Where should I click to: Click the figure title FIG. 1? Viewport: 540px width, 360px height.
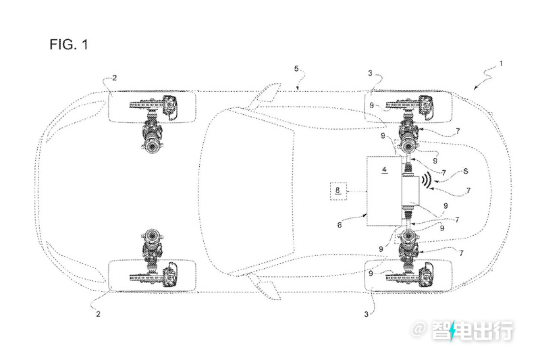[69, 44]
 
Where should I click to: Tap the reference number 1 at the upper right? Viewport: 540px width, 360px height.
[501, 63]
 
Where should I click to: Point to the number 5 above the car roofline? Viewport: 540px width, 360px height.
[296, 69]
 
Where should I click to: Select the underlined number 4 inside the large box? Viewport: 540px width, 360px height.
[385, 170]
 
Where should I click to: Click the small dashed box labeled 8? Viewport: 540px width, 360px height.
[338, 190]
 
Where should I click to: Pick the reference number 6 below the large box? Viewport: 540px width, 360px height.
[340, 225]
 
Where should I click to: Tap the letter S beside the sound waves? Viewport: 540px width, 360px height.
[466, 171]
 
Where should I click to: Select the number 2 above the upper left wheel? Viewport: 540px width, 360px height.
[114, 78]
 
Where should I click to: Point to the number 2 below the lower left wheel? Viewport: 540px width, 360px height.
[98, 314]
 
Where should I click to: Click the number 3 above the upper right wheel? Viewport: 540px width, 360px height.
[370, 73]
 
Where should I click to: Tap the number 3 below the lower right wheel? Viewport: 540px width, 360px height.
[366, 314]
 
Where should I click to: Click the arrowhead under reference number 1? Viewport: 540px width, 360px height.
[476, 88]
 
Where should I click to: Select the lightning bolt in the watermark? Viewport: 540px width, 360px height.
[452, 330]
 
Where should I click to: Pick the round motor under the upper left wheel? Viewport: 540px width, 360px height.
[152, 147]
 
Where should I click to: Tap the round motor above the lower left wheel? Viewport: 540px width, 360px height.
[152, 236]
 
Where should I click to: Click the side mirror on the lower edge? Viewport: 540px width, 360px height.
[265, 286]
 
